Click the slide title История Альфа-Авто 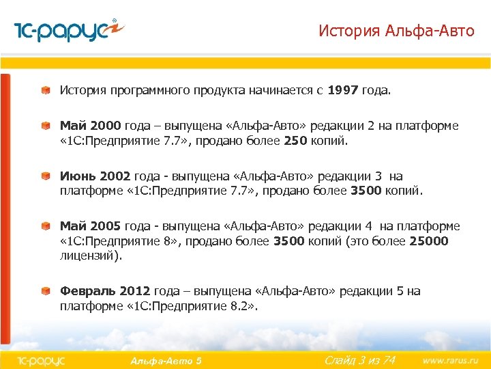[396, 31]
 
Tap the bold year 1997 [348, 90]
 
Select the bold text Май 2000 [91, 126]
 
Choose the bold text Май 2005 [91, 226]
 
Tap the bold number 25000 [429, 241]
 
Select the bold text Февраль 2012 [106, 291]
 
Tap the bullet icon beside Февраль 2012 [45, 292]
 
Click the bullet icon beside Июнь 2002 [45, 177]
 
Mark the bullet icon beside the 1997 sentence [45, 90]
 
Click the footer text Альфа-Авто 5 [165, 360]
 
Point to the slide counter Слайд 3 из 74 [359, 359]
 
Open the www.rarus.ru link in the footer [450, 359]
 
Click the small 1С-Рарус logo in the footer [40, 359]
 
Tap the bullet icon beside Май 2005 [45, 227]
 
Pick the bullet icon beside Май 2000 [45, 127]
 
